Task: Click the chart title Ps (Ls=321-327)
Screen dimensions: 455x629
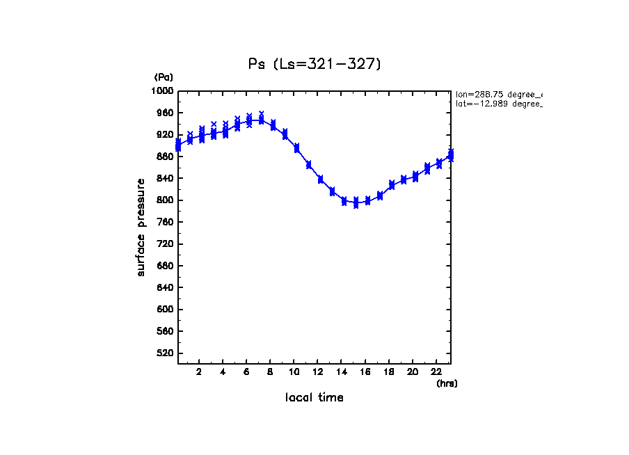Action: point(314,64)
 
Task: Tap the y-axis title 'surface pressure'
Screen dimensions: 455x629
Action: point(141,227)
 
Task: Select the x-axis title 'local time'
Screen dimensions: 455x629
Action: point(314,398)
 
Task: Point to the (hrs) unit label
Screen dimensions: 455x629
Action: point(447,383)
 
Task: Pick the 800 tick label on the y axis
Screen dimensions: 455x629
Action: point(165,200)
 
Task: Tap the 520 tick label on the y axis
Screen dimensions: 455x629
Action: point(165,353)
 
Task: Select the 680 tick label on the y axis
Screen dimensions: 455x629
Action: point(165,266)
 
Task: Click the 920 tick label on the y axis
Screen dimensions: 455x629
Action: point(165,135)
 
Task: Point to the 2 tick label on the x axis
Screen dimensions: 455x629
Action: point(199,372)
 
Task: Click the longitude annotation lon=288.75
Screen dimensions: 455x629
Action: point(497,94)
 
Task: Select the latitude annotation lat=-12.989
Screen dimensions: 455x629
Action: point(497,104)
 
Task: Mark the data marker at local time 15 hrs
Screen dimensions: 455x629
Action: point(356,202)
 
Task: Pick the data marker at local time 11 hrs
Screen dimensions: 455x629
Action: point(308,165)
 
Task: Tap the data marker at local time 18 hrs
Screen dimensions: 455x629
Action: point(392,184)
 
